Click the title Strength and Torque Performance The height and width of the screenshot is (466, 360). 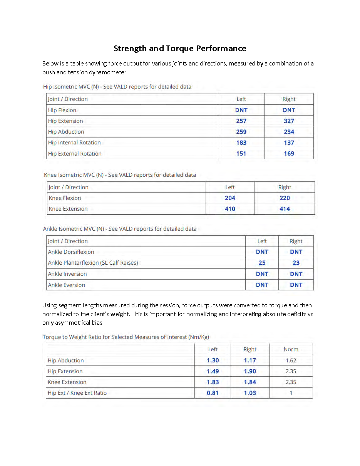click(180, 49)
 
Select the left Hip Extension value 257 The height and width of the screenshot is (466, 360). click(241, 121)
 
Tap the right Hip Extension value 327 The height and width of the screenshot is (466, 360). click(289, 121)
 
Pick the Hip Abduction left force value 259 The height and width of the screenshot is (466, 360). click(241, 132)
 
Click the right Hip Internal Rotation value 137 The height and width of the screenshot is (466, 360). click(289, 142)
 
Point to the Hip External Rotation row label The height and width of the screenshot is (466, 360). click(75, 154)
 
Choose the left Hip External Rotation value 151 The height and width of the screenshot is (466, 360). click(241, 154)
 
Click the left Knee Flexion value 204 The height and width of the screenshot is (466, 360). click(230, 198)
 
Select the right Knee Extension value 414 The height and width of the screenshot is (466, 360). click(285, 209)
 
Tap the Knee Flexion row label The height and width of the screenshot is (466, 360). click(65, 198)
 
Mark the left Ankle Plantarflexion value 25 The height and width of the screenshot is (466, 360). click(262, 263)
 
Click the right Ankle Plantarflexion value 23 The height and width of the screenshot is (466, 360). click(296, 263)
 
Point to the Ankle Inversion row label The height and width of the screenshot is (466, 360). click(67, 274)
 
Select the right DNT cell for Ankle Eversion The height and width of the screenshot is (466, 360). click(296, 285)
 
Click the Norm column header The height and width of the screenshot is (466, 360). click(291, 349)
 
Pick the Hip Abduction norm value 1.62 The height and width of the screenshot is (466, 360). click(291, 360)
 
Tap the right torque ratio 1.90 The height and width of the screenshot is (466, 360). click(249, 371)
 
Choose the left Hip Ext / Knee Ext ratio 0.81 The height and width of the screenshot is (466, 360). click(213, 393)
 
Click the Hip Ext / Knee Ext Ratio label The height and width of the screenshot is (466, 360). click(77, 393)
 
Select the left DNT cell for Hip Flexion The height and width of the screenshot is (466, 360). click(241, 110)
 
